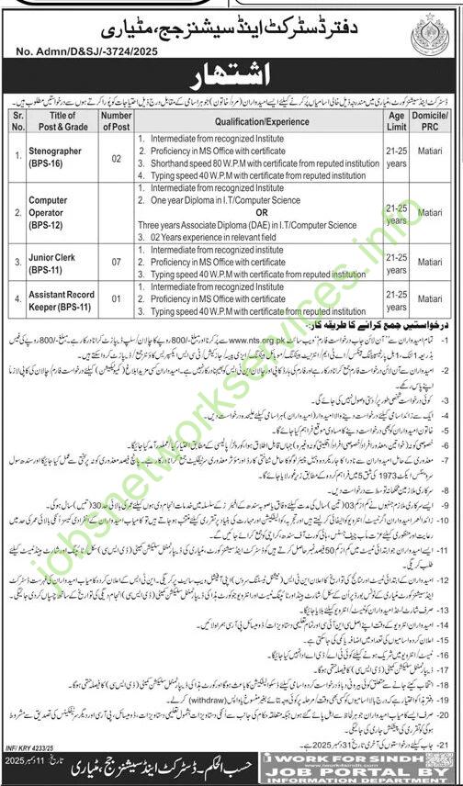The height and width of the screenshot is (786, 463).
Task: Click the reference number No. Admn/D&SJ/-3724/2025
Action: point(82,41)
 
